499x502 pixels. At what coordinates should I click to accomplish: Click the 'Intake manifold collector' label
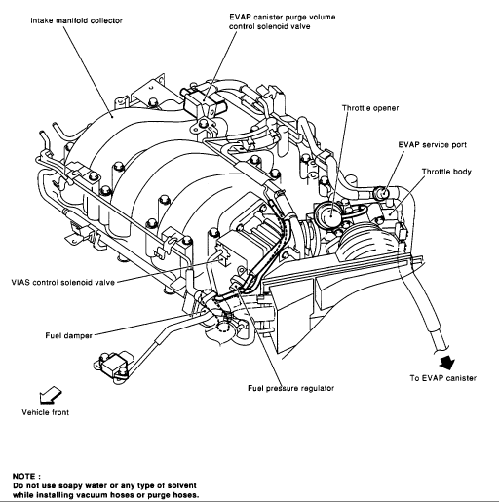[x=76, y=20]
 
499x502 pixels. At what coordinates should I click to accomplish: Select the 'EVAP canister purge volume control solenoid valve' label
[x=282, y=21]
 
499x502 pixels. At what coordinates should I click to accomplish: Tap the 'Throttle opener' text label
[x=370, y=108]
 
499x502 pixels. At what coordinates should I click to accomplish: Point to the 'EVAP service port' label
[x=432, y=145]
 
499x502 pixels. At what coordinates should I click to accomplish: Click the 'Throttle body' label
[x=446, y=172]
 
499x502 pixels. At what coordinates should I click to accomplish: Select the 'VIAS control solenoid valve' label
[x=63, y=282]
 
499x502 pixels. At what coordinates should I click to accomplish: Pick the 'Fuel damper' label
[x=68, y=335]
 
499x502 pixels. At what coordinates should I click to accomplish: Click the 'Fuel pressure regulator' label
[x=291, y=388]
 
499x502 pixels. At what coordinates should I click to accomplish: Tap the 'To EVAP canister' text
[x=442, y=378]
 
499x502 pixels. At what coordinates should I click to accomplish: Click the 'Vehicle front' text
[x=46, y=412]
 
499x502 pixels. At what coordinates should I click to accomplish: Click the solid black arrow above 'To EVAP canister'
[x=447, y=362]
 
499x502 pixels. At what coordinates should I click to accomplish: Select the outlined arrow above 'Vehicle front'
[x=50, y=395]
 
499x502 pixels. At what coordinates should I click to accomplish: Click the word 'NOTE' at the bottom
[x=23, y=477]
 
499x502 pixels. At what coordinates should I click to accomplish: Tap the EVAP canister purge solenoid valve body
[x=205, y=100]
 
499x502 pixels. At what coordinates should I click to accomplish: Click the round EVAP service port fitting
[x=382, y=194]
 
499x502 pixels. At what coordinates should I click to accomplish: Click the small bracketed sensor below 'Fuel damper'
[x=112, y=366]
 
